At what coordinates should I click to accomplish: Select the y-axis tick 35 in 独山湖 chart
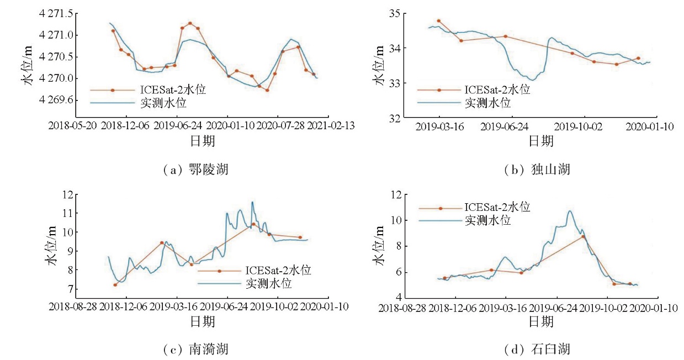[395, 13]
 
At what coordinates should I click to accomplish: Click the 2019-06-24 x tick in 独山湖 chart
[504, 126]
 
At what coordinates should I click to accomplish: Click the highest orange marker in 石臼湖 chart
[583, 236]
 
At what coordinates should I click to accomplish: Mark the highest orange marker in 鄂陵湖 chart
[190, 23]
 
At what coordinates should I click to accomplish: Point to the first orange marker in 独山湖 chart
[438, 21]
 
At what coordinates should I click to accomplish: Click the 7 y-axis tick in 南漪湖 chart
[69, 289]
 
